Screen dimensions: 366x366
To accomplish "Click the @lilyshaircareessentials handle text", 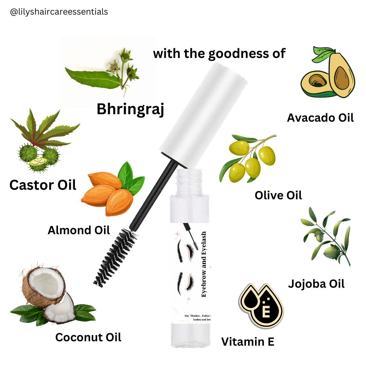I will [x=59, y=12].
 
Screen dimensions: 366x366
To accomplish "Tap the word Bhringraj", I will [x=130, y=109].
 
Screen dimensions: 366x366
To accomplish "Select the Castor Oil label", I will [x=43, y=185].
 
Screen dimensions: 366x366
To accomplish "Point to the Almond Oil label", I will [x=79, y=230].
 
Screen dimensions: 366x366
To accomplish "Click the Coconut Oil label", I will [x=88, y=337].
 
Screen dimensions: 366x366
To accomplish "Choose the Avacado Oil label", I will [x=320, y=118].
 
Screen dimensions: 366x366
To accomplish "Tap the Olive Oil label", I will [x=278, y=195].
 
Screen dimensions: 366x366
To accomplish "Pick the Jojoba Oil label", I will [x=316, y=284].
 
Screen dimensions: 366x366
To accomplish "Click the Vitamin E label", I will [x=248, y=342].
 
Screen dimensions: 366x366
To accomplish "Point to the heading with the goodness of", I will [x=219, y=54].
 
